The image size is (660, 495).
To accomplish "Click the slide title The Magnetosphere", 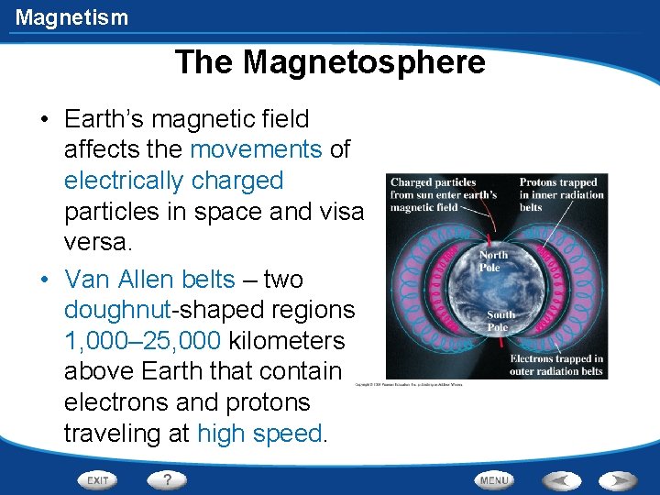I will [330, 62].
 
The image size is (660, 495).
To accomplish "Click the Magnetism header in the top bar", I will [71, 16].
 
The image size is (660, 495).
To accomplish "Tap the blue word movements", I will [256, 149].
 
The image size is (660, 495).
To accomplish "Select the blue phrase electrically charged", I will [173, 181].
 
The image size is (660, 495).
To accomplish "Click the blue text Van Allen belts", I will [150, 279].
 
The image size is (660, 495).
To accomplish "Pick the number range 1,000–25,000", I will [142, 341].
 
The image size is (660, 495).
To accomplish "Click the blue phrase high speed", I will [260, 434].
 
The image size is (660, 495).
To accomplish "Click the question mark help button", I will [167, 479].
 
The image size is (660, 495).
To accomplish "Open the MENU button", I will [494, 479].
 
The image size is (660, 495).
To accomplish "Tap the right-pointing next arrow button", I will [617, 479].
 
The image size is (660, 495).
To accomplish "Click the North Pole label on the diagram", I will [492, 261].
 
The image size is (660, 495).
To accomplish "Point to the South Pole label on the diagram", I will [500, 321].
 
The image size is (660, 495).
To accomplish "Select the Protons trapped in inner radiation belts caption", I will [561, 194].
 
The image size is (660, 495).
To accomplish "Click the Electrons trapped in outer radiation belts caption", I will [555, 364].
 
